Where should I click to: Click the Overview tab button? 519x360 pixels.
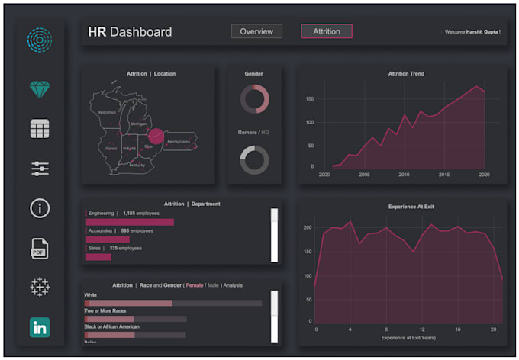256,31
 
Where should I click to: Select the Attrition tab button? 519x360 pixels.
326,31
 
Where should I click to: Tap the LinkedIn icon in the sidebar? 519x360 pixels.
40,327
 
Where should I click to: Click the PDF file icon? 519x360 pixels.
40,248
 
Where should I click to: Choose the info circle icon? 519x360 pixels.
40,208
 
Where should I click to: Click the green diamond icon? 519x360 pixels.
40,89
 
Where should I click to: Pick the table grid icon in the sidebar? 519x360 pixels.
40,129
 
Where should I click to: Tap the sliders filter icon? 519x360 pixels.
40,169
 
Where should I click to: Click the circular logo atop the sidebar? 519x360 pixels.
40,40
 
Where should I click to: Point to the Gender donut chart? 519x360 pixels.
254,98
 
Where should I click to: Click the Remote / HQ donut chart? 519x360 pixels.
254,159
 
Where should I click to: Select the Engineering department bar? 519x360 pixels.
130,222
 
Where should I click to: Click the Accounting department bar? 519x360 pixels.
108,239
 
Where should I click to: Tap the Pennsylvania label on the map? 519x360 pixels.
179,141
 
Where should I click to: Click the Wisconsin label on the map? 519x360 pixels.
107,111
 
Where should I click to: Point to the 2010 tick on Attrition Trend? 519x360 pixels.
404,175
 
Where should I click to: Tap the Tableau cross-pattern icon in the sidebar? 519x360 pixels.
40,288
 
